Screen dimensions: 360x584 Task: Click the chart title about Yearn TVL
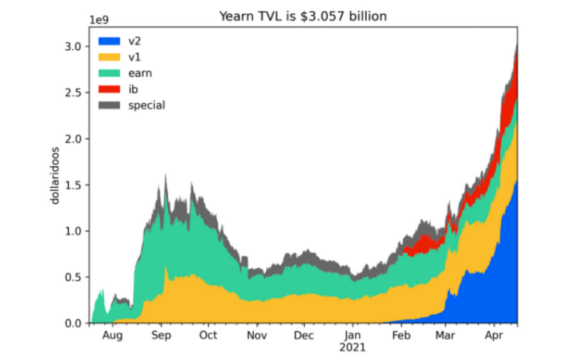click(303, 17)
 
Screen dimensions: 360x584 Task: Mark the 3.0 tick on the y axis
click(75, 46)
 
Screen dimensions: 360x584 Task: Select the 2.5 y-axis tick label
click(75, 92)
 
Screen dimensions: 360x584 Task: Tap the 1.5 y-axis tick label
click(75, 185)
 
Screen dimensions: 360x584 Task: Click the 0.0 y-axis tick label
click(75, 323)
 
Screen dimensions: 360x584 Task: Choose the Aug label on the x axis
click(112, 335)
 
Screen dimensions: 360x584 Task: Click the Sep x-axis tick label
click(161, 335)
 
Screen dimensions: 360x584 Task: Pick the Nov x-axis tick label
click(257, 335)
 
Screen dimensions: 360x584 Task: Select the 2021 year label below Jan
click(354, 347)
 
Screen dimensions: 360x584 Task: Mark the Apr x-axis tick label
click(492, 335)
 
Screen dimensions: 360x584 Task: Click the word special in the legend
click(147, 105)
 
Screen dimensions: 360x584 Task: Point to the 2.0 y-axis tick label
click(75, 139)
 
